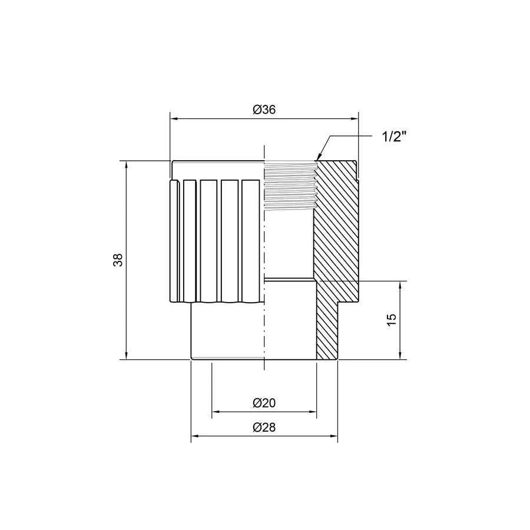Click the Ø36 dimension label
(x=264, y=110)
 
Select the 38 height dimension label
(x=118, y=260)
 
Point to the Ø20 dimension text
(x=264, y=403)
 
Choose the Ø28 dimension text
(x=264, y=428)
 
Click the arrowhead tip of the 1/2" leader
(x=317, y=160)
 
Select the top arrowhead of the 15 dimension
(x=400, y=283)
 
